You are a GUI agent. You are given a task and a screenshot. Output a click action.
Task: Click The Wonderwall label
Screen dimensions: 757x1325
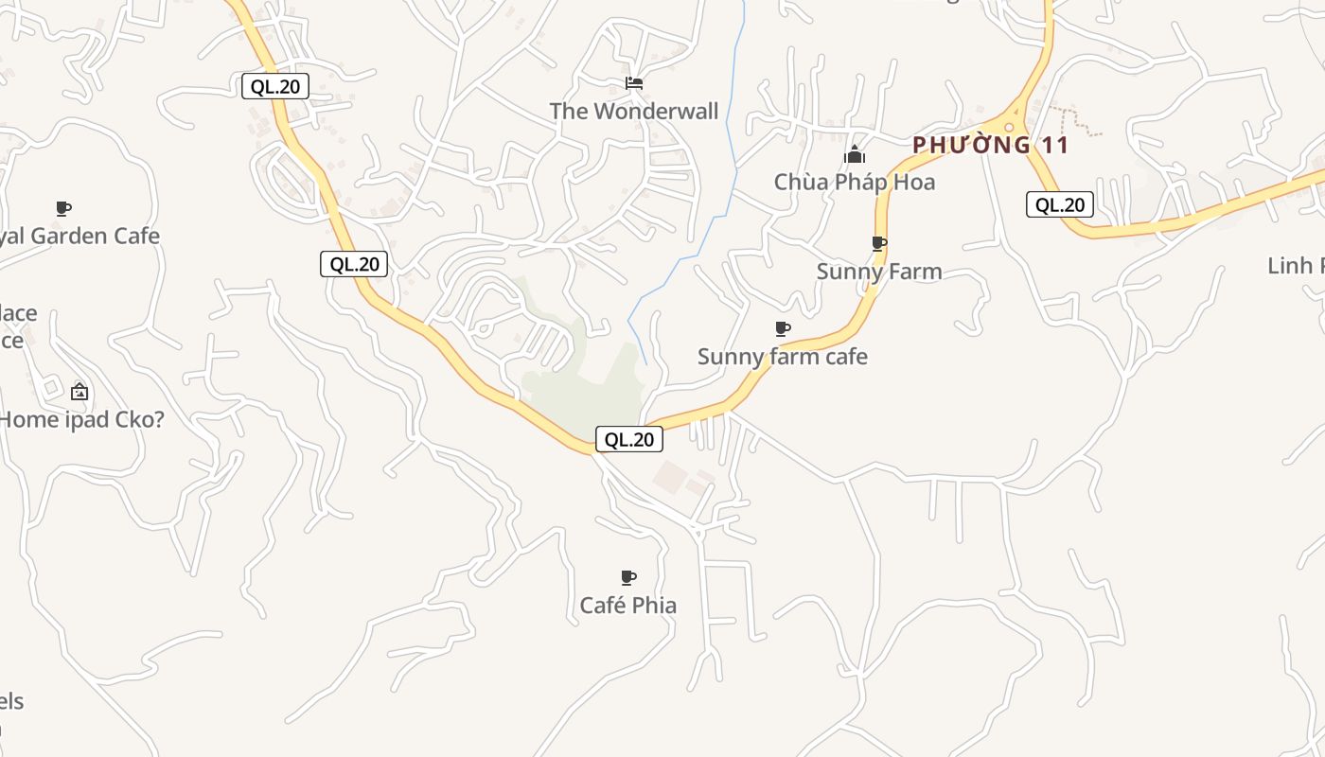tap(634, 111)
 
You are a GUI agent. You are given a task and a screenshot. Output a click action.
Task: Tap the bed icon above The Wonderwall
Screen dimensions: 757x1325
tap(634, 83)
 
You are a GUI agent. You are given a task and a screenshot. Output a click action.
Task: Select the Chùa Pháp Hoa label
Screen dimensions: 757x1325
tap(854, 182)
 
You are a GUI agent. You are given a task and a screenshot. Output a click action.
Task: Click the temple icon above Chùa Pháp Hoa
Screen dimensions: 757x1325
tap(855, 154)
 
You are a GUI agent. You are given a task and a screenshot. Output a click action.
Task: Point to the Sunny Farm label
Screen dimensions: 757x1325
tap(879, 272)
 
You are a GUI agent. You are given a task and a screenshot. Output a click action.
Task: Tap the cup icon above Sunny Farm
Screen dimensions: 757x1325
tap(879, 244)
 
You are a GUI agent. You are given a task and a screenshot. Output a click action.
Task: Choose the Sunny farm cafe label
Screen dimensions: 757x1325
tap(782, 357)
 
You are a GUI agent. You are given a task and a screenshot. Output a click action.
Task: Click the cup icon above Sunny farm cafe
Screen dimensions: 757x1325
tap(783, 329)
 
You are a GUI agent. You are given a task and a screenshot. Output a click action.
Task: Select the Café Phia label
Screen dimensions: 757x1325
tap(627, 605)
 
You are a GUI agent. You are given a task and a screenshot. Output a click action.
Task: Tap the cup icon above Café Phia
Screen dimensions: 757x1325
tap(627, 577)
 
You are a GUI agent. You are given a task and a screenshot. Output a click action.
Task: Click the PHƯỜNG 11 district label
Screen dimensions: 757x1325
tap(990, 145)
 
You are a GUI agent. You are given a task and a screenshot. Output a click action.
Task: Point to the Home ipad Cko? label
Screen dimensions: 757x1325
tap(81, 419)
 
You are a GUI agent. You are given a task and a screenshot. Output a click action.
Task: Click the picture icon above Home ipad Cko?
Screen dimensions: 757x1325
tap(79, 392)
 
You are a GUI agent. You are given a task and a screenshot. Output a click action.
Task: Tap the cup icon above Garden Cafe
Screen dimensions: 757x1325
tap(63, 208)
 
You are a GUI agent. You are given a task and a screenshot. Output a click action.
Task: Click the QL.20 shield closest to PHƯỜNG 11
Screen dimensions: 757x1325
tap(1059, 204)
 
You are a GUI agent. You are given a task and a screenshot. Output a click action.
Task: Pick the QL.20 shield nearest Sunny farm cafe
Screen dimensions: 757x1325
tap(628, 439)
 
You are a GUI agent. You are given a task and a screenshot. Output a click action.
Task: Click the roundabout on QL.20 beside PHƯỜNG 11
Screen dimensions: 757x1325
tap(1011, 128)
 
